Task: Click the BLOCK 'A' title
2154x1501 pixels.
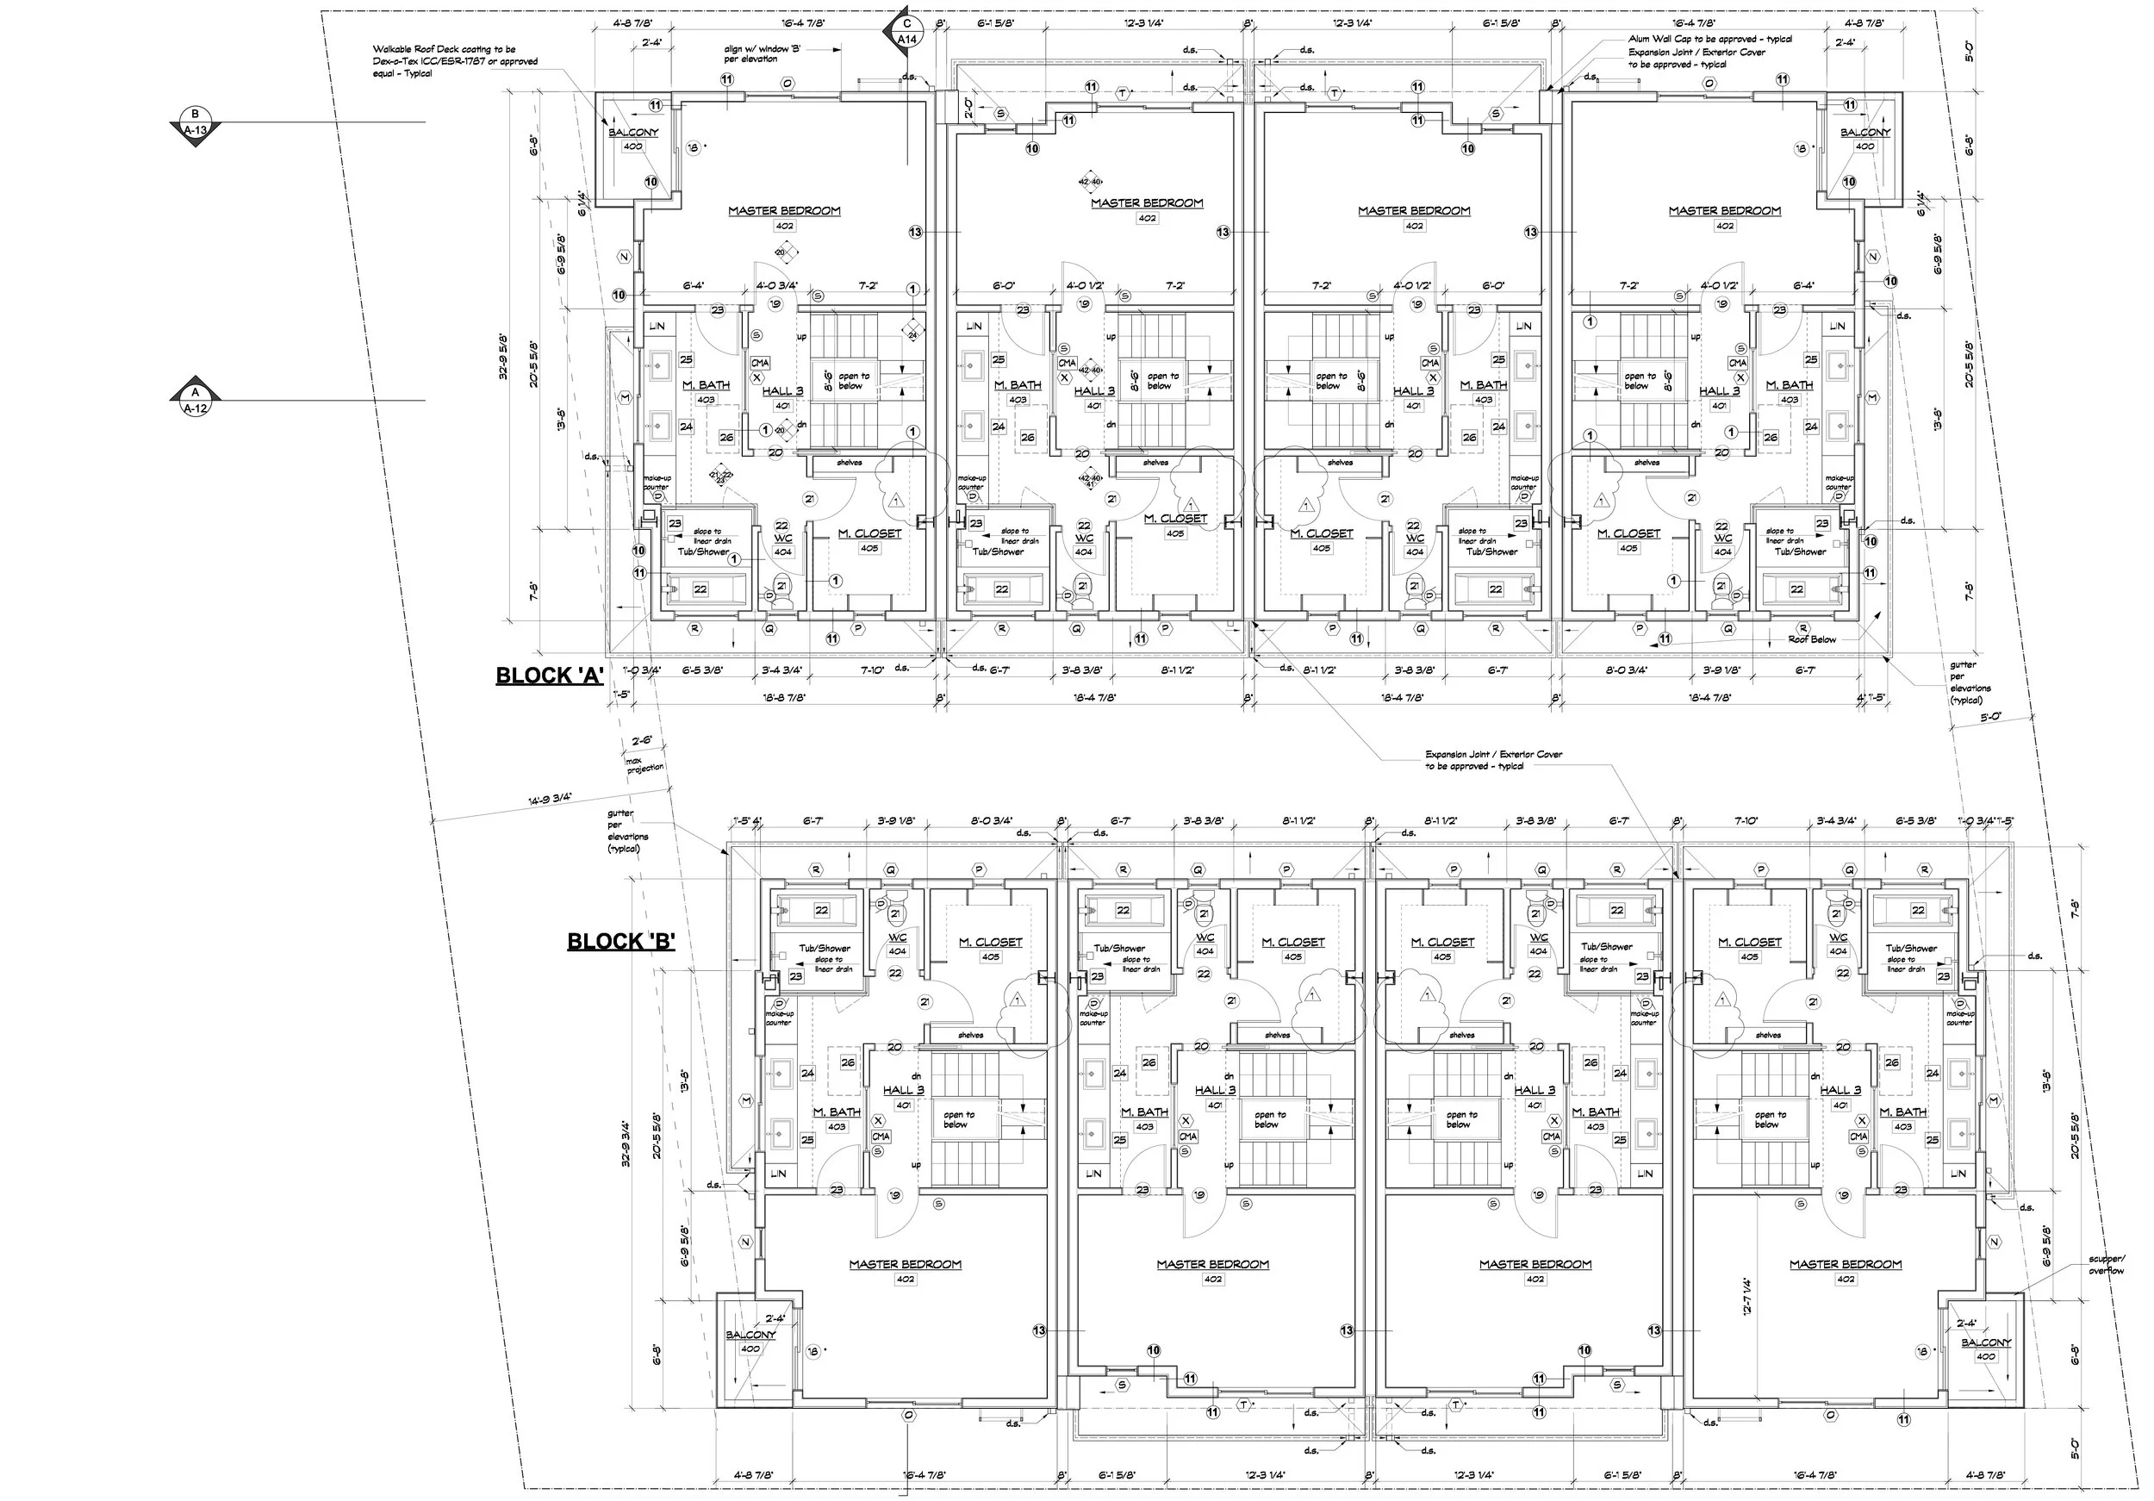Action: coord(549,676)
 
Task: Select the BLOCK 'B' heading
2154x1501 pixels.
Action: coord(621,942)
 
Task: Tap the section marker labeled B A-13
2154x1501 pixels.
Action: coord(194,124)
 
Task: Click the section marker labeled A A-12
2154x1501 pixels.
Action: coord(194,401)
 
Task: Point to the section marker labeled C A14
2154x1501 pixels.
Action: coord(906,32)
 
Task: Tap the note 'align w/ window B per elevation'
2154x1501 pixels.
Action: coord(750,53)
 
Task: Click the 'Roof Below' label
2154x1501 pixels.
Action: coord(1812,638)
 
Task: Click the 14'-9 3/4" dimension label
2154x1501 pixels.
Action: coord(549,799)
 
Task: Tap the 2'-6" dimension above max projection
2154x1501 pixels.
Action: coord(642,740)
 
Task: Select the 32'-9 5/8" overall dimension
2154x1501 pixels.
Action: coord(504,357)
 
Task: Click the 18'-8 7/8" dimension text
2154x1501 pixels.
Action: coord(785,697)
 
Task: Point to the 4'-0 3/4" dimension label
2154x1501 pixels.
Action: coord(778,285)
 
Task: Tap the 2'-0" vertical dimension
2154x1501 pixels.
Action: coord(969,110)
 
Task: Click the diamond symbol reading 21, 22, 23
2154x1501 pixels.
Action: coord(719,476)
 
